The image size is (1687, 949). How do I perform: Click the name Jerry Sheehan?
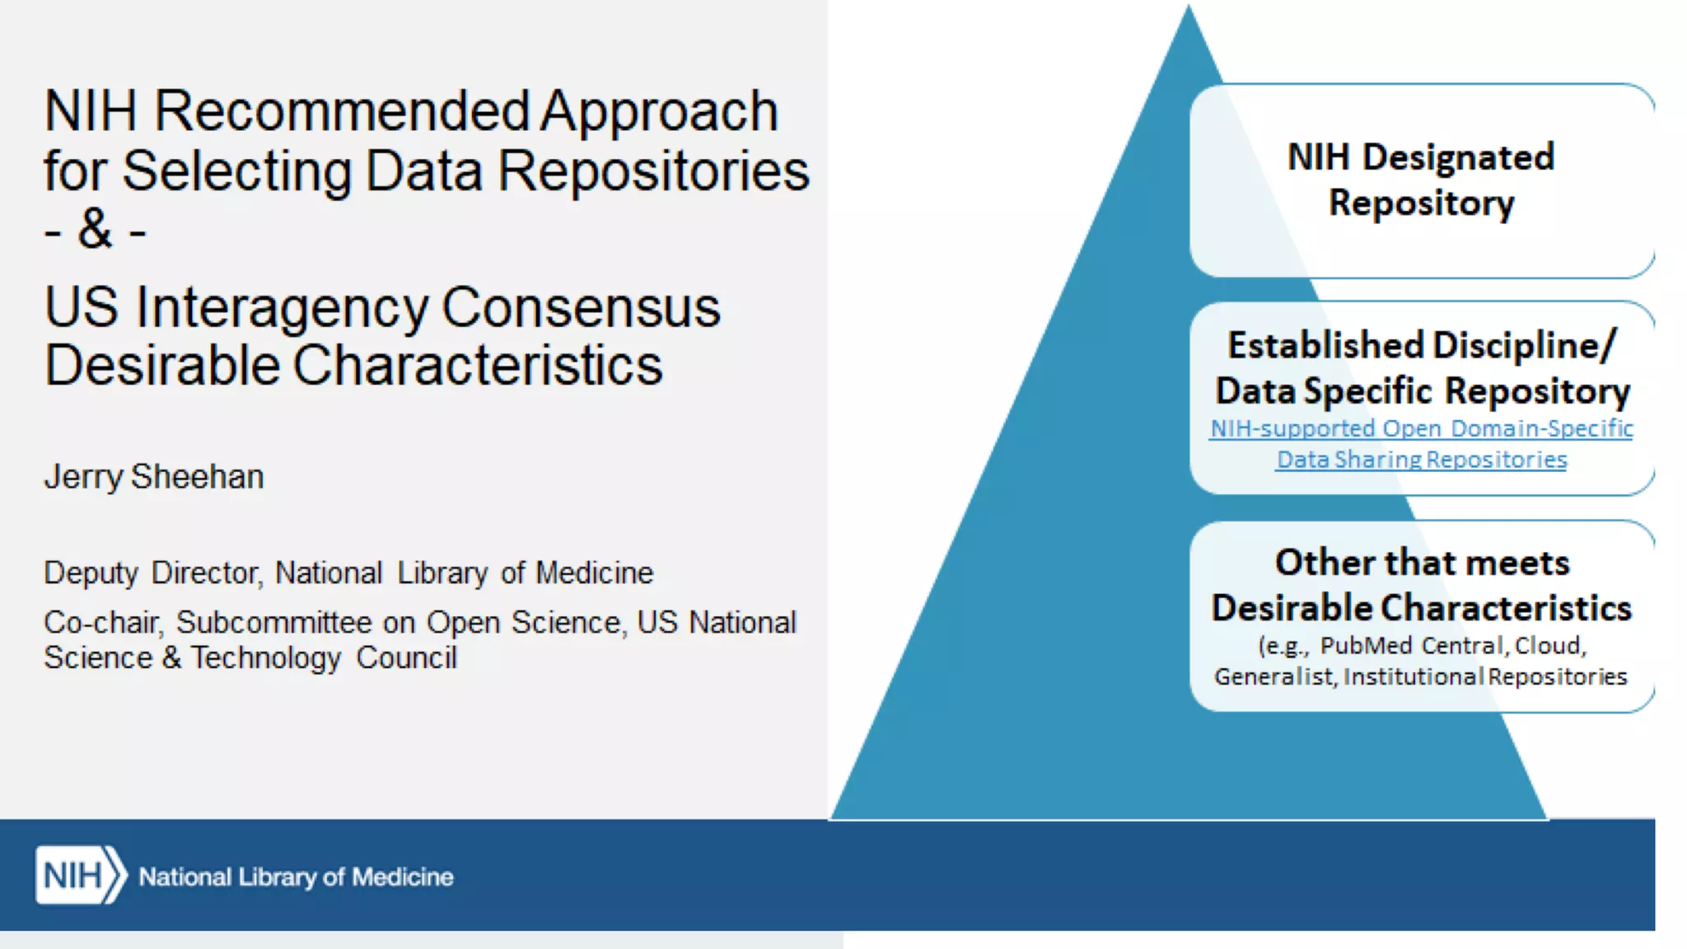[154, 477]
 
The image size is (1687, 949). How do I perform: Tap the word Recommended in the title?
[342, 111]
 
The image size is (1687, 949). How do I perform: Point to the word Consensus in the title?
[581, 307]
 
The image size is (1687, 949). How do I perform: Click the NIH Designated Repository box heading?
[1421, 180]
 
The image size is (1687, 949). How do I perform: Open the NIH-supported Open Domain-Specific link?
[1421, 428]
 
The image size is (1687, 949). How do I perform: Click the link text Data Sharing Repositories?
[1421, 459]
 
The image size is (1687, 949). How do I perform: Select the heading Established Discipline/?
[1421, 345]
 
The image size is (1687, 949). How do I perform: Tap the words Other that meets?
[1422, 563]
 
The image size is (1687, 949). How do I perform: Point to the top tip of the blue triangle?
[1188, 10]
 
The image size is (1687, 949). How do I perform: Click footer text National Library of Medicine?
[296, 877]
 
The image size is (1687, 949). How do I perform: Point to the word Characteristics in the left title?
[477, 365]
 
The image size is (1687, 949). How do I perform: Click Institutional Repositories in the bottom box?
[1485, 676]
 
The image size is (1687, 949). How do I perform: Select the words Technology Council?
[324, 658]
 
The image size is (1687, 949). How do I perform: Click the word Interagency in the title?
[282, 307]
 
